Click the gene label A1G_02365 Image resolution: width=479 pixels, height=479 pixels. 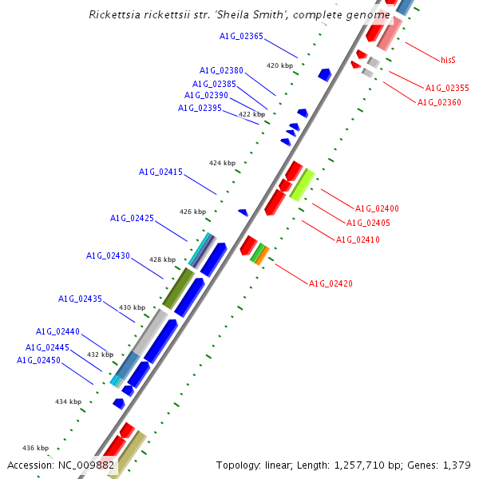(x=241, y=36)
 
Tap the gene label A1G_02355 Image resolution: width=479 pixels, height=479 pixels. (x=447, y=88)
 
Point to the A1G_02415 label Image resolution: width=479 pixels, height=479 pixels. (x=160, y=172)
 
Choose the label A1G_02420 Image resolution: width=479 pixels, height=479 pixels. (x=331, y=283)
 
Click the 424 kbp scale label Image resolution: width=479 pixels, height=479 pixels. (x=223, y=163)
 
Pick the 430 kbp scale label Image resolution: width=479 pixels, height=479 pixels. (x=133, y=307)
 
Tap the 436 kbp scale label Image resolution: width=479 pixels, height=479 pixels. (x=35, y=448)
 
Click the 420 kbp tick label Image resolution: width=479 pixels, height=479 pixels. (x=280, y=65)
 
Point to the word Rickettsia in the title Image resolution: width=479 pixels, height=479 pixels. (x=116, y=15)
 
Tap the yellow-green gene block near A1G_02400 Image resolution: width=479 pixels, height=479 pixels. (x=302, y=184)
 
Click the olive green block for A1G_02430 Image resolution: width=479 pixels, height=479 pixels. (x=178, y=288)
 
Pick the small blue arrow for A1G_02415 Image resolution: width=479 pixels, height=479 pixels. (x=243, y=212)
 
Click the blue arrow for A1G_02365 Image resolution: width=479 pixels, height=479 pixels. (x=324, y=74)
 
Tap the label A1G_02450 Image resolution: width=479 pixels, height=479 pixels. (x=38, y=360)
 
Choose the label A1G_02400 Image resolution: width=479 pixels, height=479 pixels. (x=377, y=208)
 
